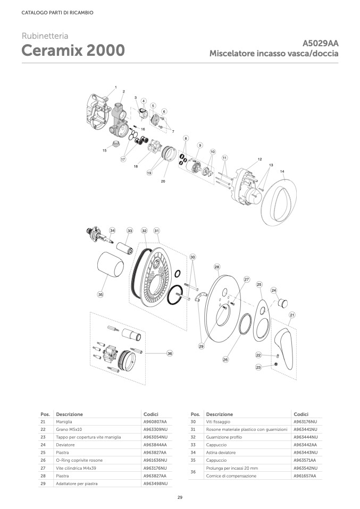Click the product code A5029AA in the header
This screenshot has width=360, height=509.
pos(320,44)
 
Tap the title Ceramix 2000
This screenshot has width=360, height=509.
pos(73,50)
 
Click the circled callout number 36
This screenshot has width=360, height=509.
pos(170,353)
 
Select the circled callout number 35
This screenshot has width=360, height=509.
pos(101,294)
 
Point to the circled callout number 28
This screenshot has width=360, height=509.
pos(217,267)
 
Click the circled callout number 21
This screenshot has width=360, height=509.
pos(292,315)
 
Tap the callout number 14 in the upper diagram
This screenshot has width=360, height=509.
pos(282,172)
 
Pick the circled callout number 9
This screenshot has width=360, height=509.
pos(200,145)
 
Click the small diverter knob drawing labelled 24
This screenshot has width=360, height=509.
pos(283,303)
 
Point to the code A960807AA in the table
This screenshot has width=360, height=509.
pos(155,422)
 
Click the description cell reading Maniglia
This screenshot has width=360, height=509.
pos(64,422)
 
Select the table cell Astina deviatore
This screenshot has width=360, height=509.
pos(221,453)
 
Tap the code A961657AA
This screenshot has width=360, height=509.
pos(305,476)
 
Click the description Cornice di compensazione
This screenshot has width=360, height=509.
pos(231,476)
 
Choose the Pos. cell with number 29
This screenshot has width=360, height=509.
pos(43,483)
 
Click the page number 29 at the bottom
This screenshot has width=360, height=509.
pos(180,497)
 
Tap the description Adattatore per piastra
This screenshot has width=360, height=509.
pos(77,483)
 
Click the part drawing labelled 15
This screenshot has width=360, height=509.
pos(114,144)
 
